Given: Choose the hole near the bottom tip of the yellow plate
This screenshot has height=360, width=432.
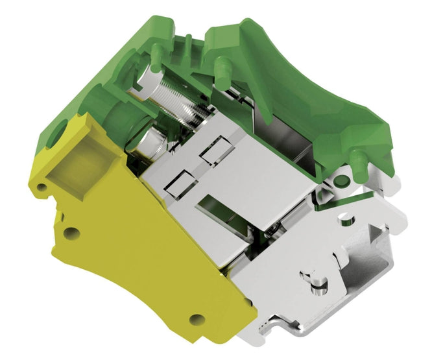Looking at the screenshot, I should pos(193,318).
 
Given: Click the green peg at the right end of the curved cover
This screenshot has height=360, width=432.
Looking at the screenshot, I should pos(355,156).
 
